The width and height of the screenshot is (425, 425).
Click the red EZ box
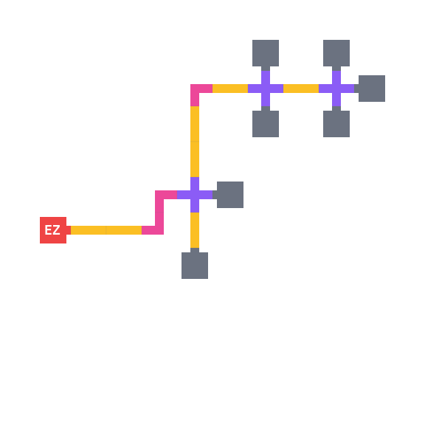coord(53,230)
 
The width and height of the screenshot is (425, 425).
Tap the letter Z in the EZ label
coord(56,230)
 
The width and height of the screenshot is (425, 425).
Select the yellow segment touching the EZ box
coord(89,230)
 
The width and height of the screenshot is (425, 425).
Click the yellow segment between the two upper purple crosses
coord(301,89)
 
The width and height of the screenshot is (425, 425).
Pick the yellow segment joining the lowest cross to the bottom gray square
coord(195,230)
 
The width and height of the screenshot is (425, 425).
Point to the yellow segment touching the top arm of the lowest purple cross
coord(195,159)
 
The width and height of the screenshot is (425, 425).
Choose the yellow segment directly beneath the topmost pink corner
coord(195,124)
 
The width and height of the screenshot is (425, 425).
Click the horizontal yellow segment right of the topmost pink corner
coord(230,89)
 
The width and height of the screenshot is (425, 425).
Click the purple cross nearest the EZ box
coord(195,195)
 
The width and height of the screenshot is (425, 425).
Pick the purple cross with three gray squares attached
coord(336,89)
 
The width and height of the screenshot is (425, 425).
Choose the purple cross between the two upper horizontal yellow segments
coord(266,89)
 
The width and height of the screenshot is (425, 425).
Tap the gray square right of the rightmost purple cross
coord(372,89)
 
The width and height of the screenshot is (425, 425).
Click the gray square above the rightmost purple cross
coord(336,53)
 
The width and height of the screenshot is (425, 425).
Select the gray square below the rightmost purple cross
coord(336,124)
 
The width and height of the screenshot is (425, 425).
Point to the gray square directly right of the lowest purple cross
coord(230,195)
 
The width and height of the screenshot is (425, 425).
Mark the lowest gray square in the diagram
coord(195,266)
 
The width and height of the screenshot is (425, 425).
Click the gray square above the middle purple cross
coord(266,53)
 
